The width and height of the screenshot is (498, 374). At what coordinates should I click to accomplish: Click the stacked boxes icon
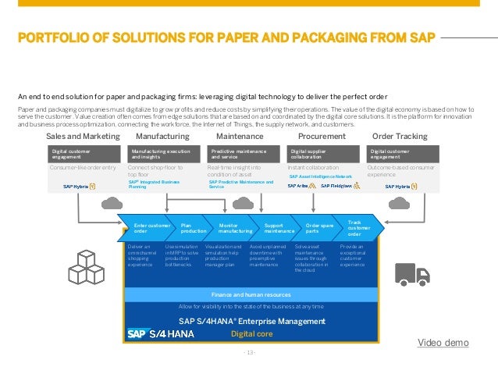tap(94, 268)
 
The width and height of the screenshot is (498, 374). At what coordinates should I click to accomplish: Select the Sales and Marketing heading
tap(83, 136)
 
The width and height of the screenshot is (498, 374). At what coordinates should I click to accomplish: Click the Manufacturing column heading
tap(163, 136)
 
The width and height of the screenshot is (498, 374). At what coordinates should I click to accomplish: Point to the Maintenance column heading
tap(240, 136)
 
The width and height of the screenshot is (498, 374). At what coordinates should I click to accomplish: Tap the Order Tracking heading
tap(400, 136)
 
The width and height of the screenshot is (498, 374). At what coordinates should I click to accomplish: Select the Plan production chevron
tap(193, 229)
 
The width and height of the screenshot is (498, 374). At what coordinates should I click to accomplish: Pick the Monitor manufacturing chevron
tap(234, 229)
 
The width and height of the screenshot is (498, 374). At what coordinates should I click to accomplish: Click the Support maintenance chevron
tap(278, 229)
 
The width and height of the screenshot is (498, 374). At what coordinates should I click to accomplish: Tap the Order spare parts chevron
tap(318, 229)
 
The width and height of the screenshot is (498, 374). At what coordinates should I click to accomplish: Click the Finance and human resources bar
tap(251, 294)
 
